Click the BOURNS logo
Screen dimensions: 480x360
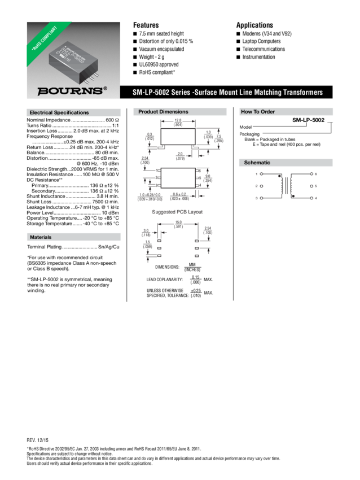(x=72, y=90)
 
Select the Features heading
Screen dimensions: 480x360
(x=146, y=25)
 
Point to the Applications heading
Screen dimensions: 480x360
(x=254, y=25)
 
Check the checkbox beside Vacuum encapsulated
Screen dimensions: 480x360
(x=135, y=49)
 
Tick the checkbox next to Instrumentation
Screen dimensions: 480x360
(x=238, y=57)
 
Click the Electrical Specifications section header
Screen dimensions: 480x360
(x=59, y=112)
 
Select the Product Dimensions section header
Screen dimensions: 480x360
(x=163, y=112)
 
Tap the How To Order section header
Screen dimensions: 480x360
(x=257, y=112)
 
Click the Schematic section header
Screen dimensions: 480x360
(x=257, y=163)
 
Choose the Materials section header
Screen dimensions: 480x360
(x=41, y=237)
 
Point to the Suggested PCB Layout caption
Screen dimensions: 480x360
(x=178, y=212)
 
